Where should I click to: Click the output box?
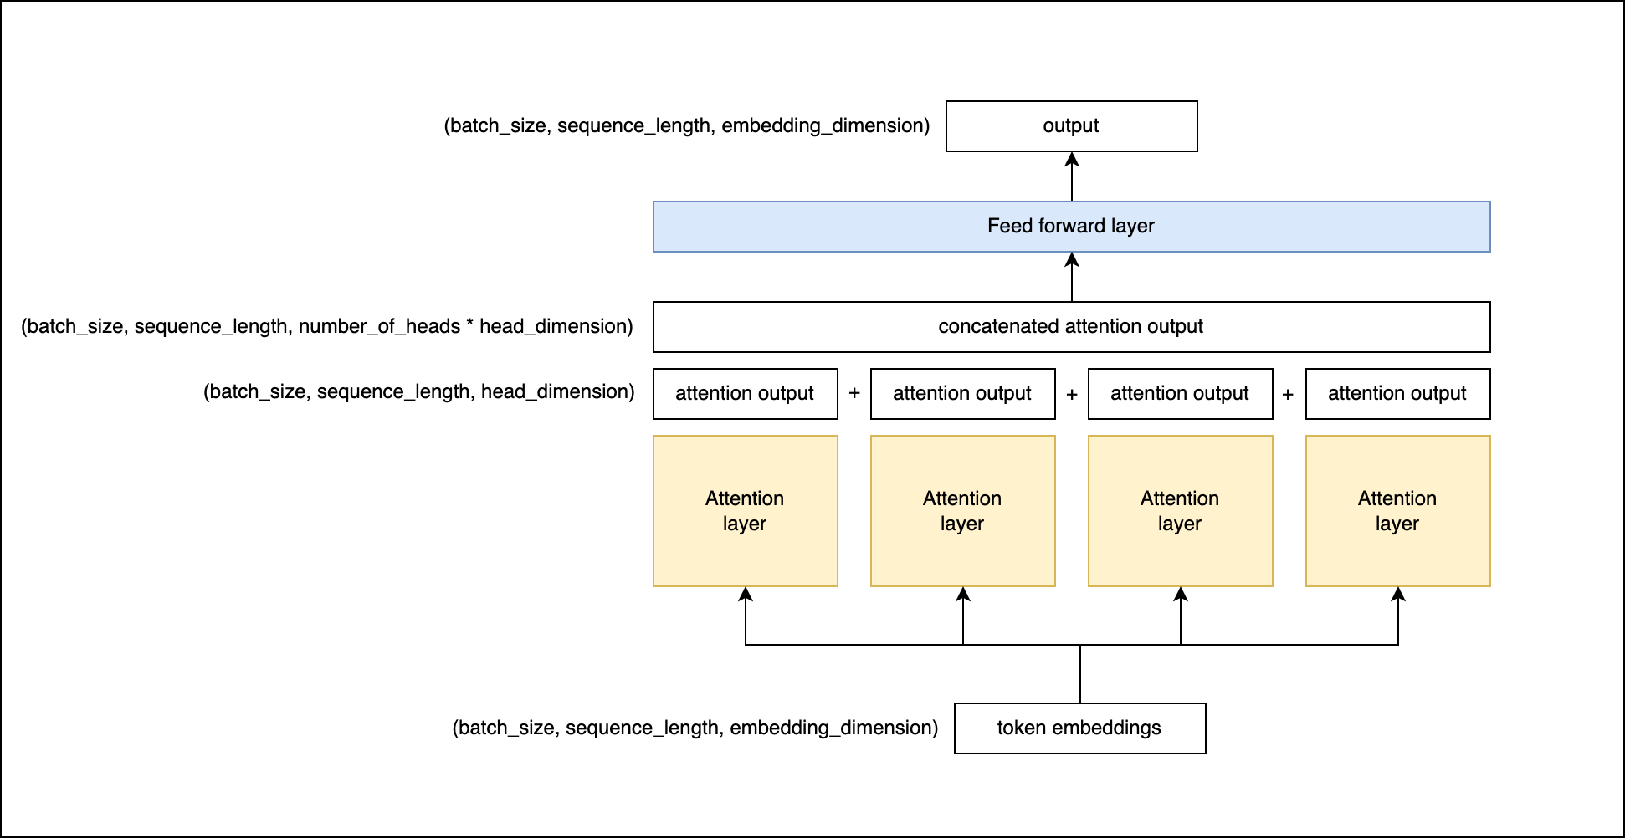1071,126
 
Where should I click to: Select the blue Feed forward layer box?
1071,227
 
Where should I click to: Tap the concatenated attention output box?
1071,327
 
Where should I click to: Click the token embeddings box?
1079,728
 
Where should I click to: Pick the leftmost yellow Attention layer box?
745,511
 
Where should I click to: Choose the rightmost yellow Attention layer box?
1397,511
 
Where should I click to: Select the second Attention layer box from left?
962,511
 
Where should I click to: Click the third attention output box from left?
1180,394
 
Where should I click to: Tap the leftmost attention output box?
745,394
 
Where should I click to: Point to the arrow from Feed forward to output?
1072,177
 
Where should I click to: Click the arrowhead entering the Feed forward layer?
1072,259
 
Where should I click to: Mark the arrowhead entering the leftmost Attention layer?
746,594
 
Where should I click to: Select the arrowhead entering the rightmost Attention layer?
1398,594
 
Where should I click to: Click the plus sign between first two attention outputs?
854,394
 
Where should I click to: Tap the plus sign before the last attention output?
1288,394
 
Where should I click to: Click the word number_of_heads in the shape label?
379,326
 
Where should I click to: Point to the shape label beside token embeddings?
695,728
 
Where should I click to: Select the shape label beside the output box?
686,125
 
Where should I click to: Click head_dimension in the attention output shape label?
556,391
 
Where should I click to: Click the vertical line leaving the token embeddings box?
1080,674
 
